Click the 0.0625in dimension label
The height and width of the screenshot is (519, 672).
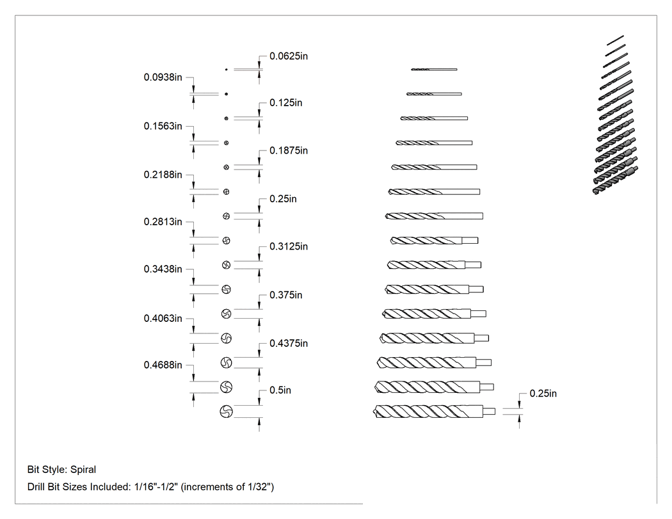click(289, 56)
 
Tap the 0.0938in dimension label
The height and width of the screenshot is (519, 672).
click(163, 77)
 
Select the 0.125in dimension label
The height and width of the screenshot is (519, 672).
click(286, 103)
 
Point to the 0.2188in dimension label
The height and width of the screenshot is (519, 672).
click(163, 175)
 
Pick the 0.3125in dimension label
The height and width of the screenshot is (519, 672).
click(289, 246)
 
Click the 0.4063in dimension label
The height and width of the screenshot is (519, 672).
click(163, 318)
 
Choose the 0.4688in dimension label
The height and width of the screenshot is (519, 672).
click(163, 365)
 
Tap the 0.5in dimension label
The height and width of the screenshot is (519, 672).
click(280, 390)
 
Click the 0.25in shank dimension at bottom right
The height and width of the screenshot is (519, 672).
click(543, 394)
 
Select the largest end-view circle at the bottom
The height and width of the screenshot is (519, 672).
click(227, 411)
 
